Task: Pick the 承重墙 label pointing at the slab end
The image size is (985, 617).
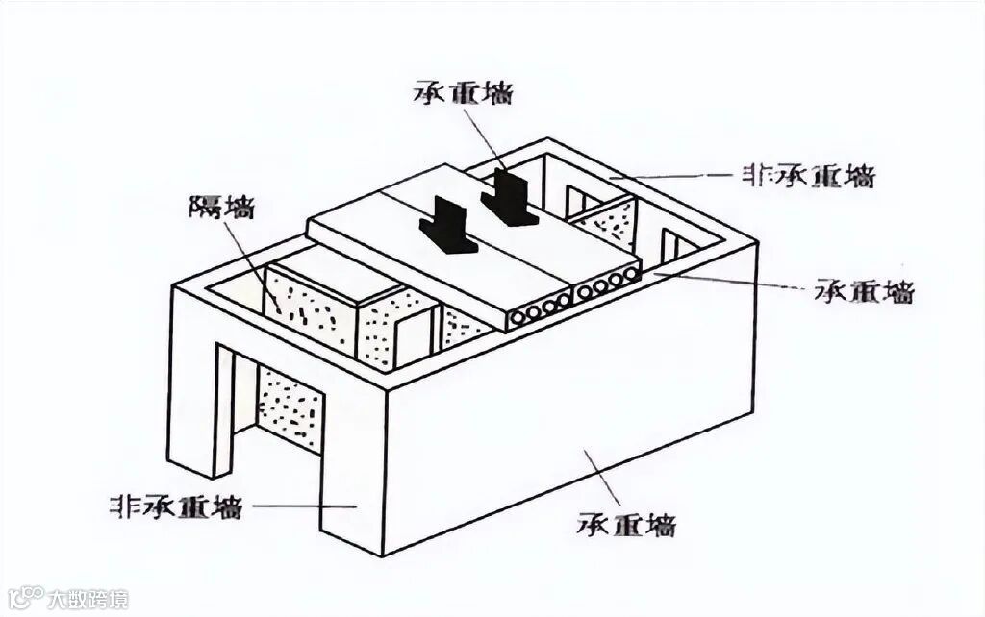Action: (863, 291)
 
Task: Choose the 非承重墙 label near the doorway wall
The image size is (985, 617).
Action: (177, 506)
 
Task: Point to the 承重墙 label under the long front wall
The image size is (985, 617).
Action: (627, 525)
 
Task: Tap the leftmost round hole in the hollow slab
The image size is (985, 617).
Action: (520, 315)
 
